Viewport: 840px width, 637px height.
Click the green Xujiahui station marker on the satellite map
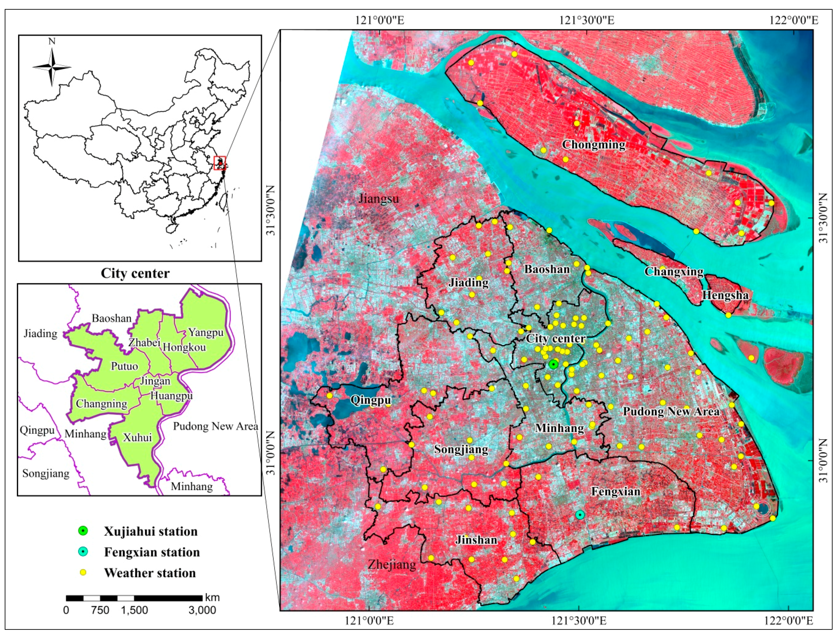[553, 365]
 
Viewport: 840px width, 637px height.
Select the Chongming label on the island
[594, 145]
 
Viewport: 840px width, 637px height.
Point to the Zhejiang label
[392, 565]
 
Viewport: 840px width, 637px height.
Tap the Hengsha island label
[725, 295]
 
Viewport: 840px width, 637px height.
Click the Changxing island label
[674, 272]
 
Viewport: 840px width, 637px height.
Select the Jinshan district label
[476, 540]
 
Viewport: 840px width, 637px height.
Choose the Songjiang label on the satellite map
[461, 449]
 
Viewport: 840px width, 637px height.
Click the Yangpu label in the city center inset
[206, 332]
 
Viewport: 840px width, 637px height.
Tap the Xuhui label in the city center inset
[137, 438]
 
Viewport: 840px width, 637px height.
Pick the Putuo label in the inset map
[124, 366]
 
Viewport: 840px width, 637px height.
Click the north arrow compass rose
[52, 67]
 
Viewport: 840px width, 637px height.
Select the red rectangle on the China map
[219, 163]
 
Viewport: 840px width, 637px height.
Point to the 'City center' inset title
[135, 273]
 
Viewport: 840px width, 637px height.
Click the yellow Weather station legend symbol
[83, 572]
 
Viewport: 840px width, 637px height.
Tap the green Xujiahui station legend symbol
[83, 531]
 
